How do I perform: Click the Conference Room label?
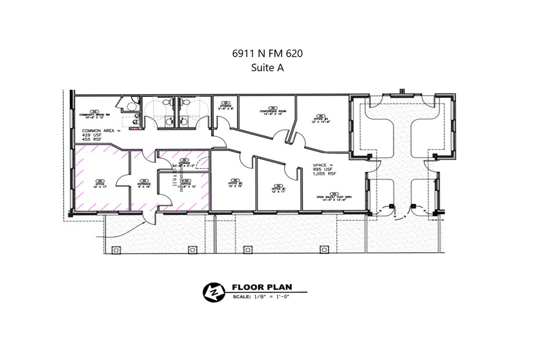[x=271, y=111]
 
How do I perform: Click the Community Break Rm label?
[x=94, y=114]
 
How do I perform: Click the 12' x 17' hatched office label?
[x=102, y=182]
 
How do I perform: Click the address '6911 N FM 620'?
[x=267, y=54]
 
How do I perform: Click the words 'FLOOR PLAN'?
[x=261, y=287]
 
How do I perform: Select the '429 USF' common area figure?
[x=95, y=135]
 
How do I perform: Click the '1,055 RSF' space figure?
[x=325, y=174]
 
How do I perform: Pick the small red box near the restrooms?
[x=134, y=120]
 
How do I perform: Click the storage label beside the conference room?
[x=225, y=106]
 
